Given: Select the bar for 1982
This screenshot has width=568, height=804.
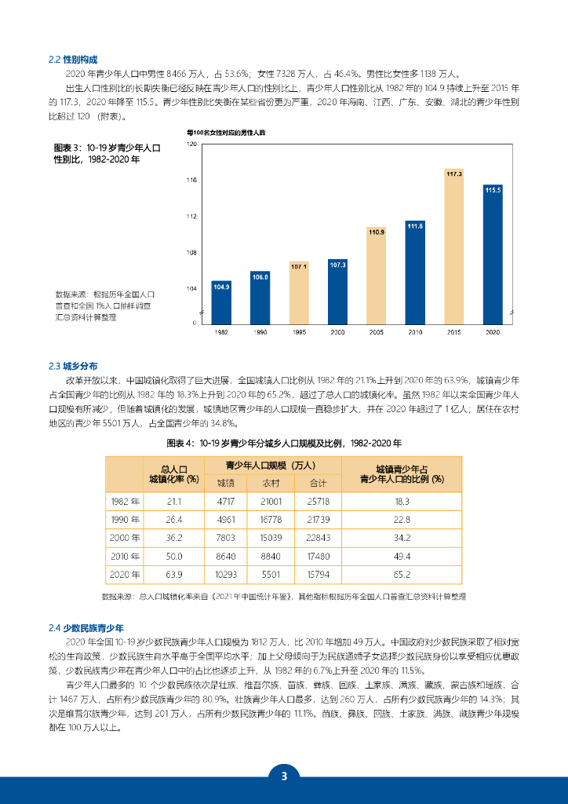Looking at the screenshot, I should click(x=221, y=301).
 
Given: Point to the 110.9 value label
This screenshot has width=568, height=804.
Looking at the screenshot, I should click(x=376, y=232).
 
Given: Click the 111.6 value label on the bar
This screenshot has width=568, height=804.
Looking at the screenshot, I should click(x=415, y=226).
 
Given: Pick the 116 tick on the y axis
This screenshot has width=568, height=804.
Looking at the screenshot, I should click(x=192, y=181).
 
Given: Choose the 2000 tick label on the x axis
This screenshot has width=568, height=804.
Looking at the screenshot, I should click(x=337, y=333).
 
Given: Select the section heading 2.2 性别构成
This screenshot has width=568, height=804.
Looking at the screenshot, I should click(x=73, y=59).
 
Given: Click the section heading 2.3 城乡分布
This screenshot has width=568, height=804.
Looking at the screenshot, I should click(x=73, y=366).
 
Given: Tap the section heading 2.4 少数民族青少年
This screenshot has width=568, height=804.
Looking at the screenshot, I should click(x=86, y=627).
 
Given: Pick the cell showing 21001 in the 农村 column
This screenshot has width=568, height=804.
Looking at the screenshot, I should click(x=271, y=501).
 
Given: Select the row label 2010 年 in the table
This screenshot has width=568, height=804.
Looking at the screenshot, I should click(x=126, y=557).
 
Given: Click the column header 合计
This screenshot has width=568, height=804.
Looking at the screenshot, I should click(x=318, y=482).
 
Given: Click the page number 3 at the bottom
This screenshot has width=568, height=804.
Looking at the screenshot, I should click(x=284, y=777).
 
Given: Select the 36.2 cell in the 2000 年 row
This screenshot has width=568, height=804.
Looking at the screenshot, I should click(x=174, y=538).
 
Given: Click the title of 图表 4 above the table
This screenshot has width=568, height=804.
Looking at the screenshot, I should click(x=284, y=443).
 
